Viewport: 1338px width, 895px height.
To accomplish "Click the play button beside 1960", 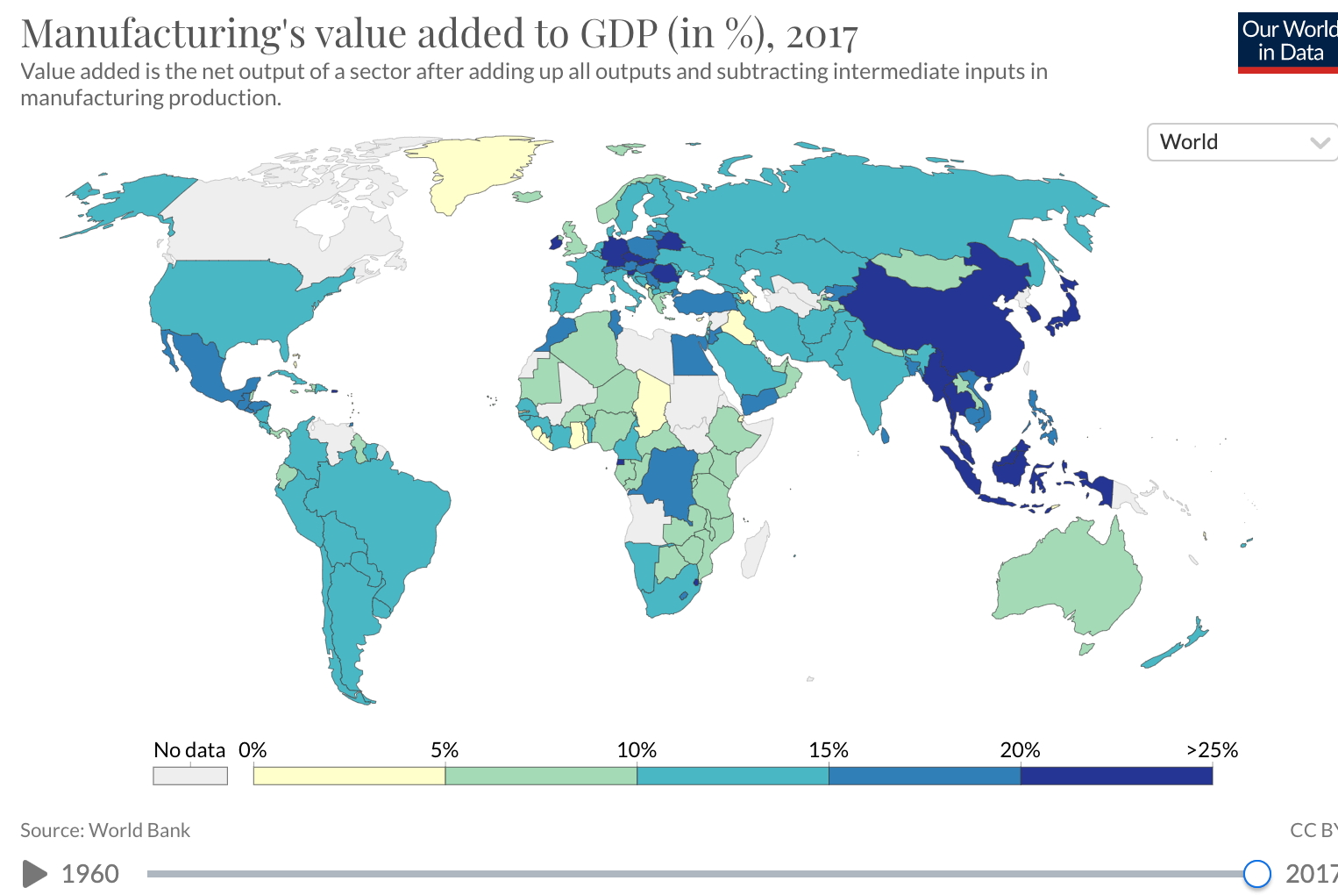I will (x=34, y=873).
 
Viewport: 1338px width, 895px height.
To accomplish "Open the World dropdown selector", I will (x=1241, y=142).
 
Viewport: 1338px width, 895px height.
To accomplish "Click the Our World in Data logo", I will (x=1287, y=42).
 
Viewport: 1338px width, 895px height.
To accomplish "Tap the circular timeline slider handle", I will (x=1256, y=873).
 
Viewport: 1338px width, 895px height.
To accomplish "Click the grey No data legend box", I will (x=190, y=776).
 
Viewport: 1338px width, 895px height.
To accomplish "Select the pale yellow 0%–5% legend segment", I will (x=349, y=776).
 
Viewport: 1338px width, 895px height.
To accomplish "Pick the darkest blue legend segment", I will (x=1116, y=776).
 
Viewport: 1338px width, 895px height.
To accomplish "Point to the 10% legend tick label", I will (x=637, y=750).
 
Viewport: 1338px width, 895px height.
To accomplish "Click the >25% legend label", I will (x=1212, y=750).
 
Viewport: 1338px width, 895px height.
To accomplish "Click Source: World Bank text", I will (x=105, y=830).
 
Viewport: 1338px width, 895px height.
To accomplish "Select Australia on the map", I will (x=1070, y=579).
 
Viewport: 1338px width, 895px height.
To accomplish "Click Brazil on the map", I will (x=386, y=518).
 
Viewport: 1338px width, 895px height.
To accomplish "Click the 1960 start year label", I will (x=90, y=873).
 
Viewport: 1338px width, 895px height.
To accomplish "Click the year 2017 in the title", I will (x=822, y=35).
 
